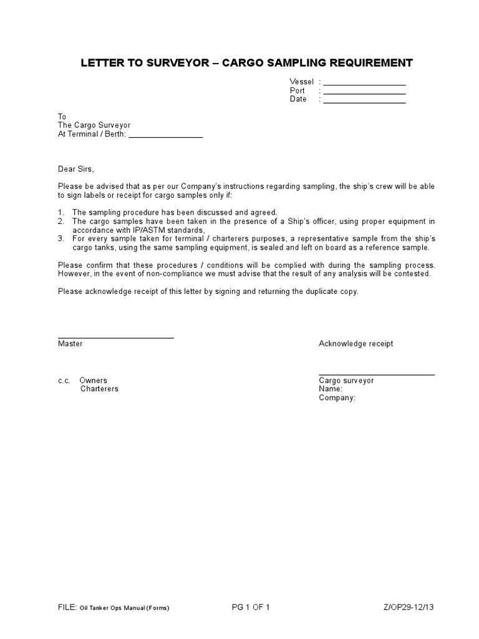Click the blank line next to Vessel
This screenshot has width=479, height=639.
[364, 84]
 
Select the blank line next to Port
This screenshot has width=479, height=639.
[364, 93]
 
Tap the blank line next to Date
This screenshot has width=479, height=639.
[364, 102]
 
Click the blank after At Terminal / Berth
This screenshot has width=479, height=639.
[165, 137]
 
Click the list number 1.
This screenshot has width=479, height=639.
[60, 212]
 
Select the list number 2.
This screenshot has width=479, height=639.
[60, 221]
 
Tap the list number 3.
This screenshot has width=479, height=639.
[60, 238]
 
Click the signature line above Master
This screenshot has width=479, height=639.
[115, 338]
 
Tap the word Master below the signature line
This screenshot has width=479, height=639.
[70, 344]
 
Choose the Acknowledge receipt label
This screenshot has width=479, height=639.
[356, 344]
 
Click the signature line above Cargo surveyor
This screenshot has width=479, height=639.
[376, 374]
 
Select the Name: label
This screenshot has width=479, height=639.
[330, 389]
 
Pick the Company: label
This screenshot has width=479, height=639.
[337, 398]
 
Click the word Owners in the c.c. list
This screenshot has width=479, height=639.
[93, 380]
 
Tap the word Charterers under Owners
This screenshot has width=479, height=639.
[99, 389]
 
